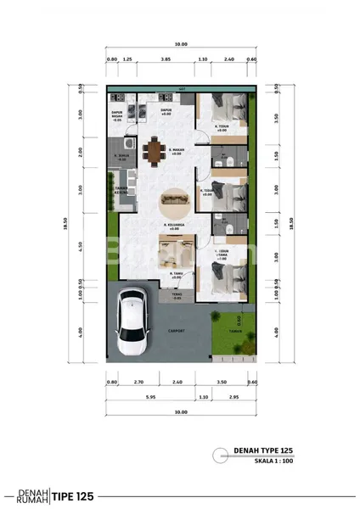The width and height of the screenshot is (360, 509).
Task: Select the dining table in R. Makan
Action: point(154,151)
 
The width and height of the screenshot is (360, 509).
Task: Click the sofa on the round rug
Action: point(177,199)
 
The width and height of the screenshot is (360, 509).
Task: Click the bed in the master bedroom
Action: point(226,277)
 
